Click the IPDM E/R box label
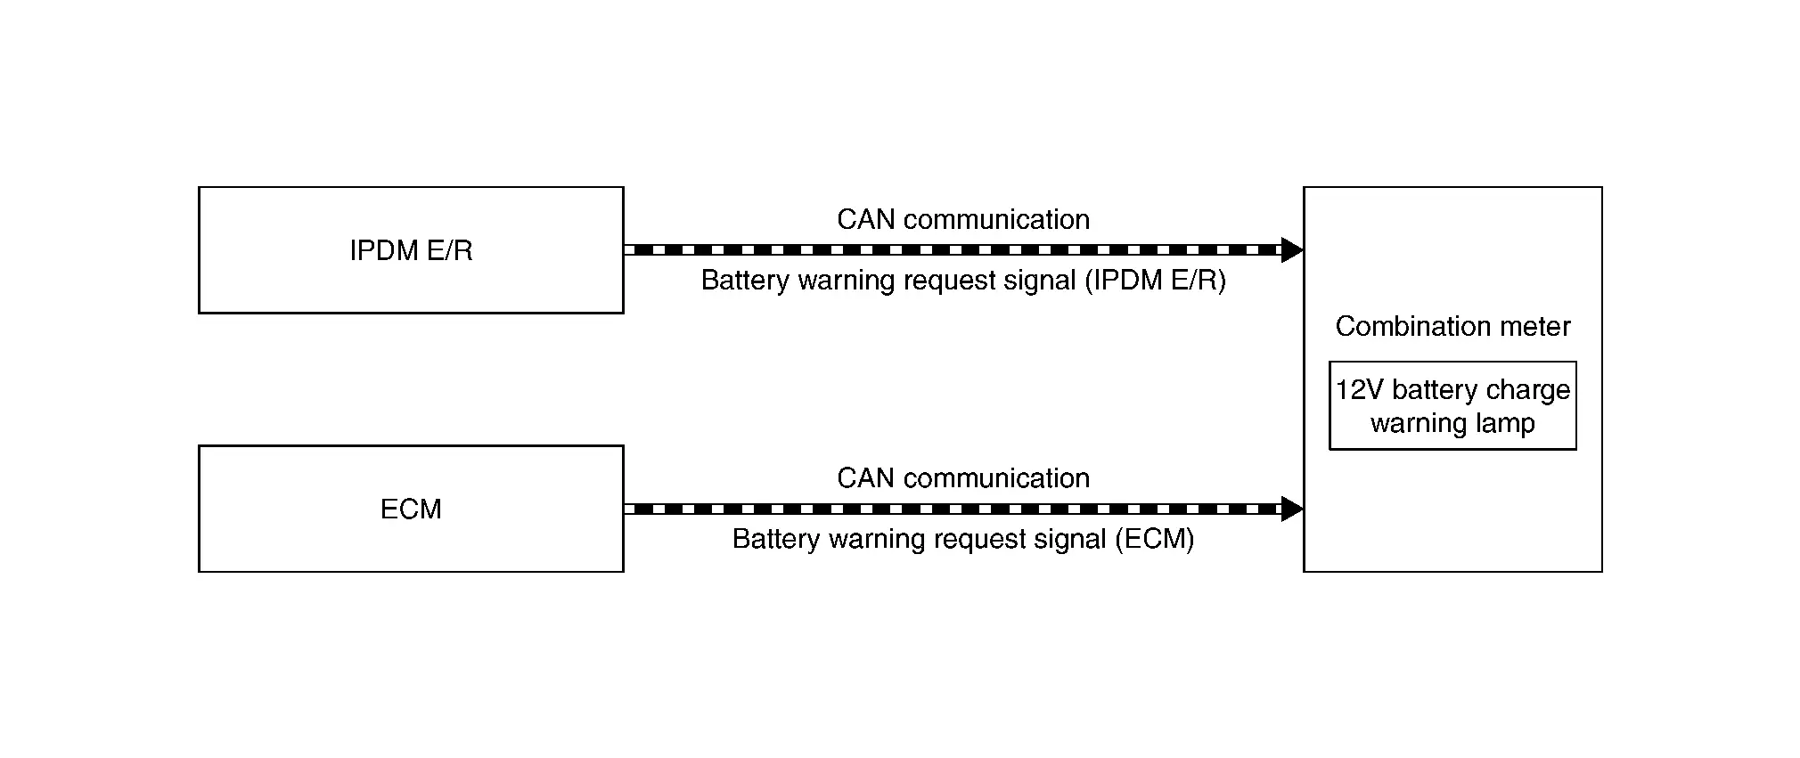(411, 250)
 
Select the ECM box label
(411, 509)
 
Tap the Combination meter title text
(1452, 326)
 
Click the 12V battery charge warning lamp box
(1452, 405)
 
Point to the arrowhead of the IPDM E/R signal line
(1292, 250)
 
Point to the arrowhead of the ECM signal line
(1292, 509)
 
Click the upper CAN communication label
(963, 219)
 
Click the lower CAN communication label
(963, 477)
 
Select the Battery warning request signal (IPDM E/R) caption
(963, 281)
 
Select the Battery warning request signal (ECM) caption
(963, 539)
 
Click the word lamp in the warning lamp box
(1506, 423)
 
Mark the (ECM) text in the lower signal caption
(1155, 539)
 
